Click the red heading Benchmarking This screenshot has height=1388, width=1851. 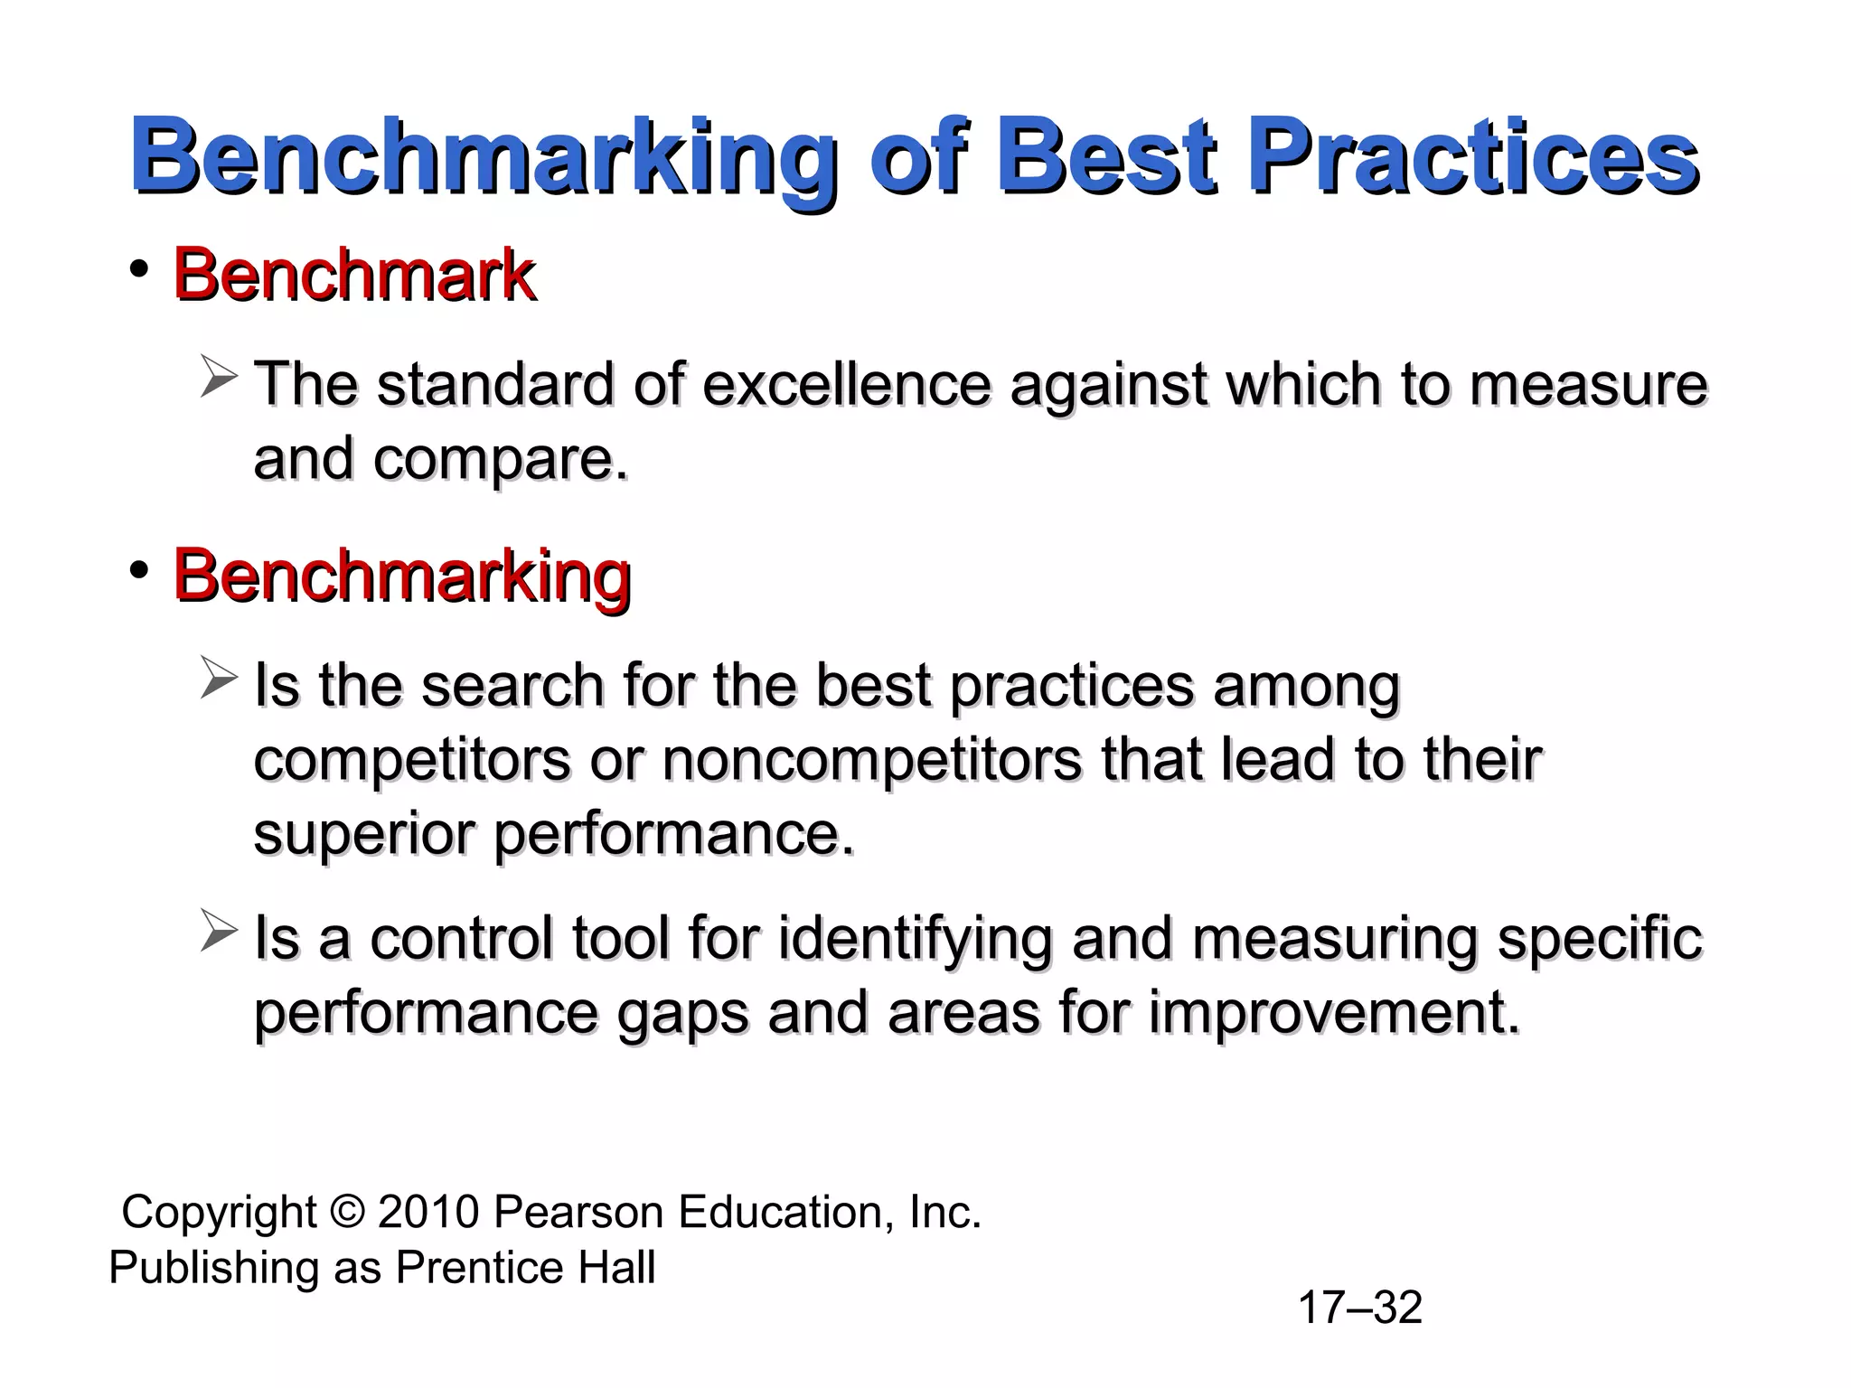coord(401,576)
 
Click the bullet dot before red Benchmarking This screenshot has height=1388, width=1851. coord(138,570)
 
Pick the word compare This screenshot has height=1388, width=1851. coord(500,459)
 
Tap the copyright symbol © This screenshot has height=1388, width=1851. coord(348,1213)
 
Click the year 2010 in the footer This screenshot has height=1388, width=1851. coord(428,1213)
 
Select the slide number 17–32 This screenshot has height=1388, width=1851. coord(1359,1308)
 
